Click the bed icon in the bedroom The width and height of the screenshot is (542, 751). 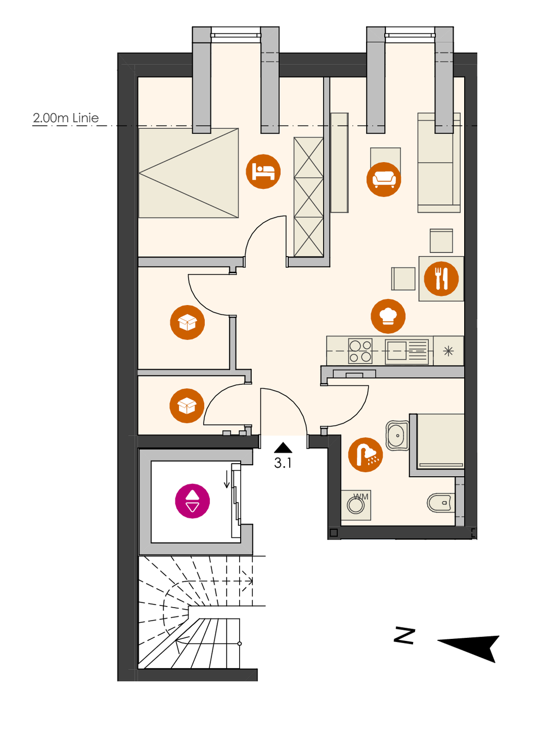pos(263,172)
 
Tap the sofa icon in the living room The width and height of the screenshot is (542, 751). pos(384,179)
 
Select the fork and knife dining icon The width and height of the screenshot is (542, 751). pos(441,278)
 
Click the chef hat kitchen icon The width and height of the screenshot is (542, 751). pos(388,316)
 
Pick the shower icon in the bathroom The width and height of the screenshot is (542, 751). pos(366,455)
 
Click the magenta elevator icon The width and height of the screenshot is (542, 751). pos(192,501)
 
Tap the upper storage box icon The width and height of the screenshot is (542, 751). pos(187,322)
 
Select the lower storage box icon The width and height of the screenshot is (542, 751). pos(187,405)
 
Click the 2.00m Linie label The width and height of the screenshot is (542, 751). pos(66,118)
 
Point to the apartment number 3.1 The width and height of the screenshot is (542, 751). pos(283,463)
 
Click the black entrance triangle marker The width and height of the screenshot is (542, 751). pos(283,447)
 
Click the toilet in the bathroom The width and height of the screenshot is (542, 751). pos(440,503)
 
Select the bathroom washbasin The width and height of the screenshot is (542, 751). pos(397,435)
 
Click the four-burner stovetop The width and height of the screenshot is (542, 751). pos(360,350)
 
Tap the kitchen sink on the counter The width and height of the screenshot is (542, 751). pos(397,350)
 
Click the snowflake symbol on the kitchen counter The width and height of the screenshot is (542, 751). pos(449,351)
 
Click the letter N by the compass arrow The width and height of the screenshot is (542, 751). pos(404,635)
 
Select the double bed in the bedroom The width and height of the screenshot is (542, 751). pos(188,173)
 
